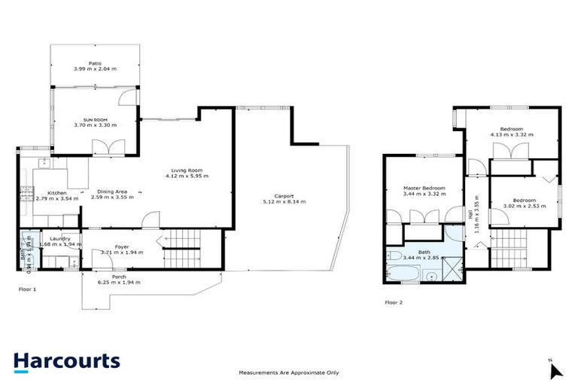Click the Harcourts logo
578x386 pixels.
66,360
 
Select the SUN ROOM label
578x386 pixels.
94,121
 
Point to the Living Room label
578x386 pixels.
187,170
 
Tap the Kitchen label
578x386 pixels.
58,192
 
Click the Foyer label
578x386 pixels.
122,247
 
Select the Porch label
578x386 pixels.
119,276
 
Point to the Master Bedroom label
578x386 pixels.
424,188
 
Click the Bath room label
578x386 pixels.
424,252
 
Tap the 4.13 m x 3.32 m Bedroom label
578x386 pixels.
511,129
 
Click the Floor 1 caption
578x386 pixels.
27,289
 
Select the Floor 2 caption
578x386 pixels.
394,302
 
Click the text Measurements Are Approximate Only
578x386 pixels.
288,372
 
